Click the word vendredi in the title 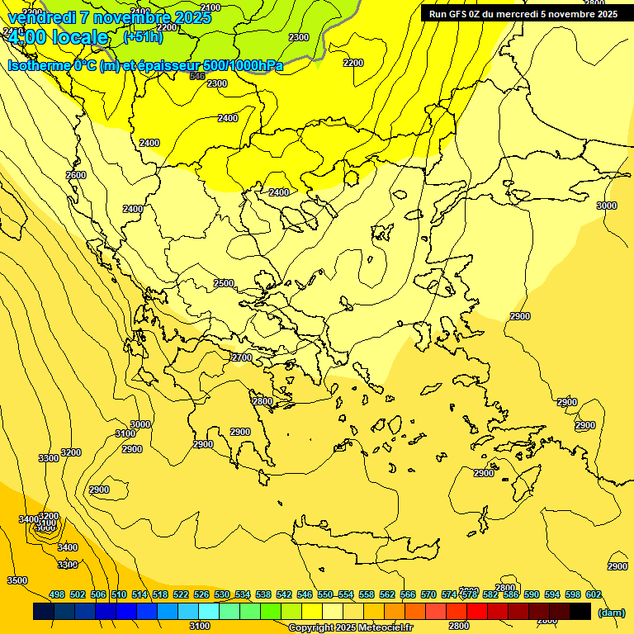point(40,17)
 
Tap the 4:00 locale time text point(57,37)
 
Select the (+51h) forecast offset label point(143,36)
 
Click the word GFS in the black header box point(459,14)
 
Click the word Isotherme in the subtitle point(38,65)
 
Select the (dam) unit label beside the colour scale point(610,612)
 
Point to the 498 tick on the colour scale point(57,594)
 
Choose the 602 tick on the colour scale point(594,594)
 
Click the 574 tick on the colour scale point(449,594)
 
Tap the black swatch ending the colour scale point(580,611)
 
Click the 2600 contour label point(76,175)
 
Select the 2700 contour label point(242,357)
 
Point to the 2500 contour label point(224,283)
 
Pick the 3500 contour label point(17,580)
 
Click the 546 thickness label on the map point(197,76)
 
